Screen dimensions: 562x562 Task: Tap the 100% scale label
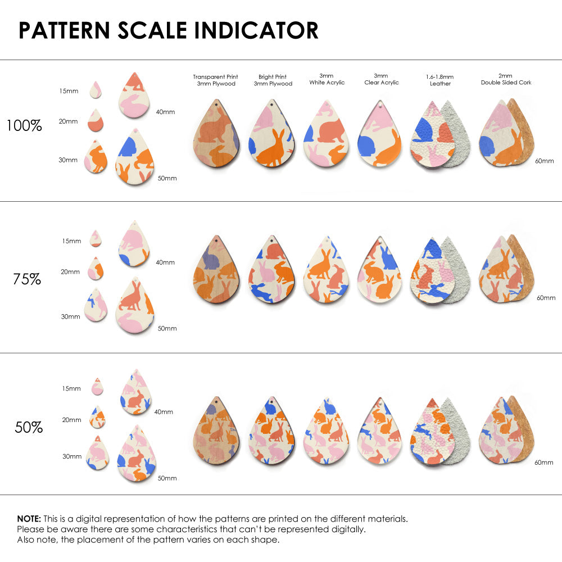click(24, 125)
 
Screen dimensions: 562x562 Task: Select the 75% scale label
click(27, 279)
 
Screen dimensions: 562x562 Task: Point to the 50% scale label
click(29, 428)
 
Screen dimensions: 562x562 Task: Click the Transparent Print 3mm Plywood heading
click(215, 80)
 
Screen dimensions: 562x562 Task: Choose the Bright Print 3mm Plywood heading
click(273, 80)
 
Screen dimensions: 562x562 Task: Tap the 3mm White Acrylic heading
click(327, 79)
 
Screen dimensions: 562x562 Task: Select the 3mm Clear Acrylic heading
click(381, 79)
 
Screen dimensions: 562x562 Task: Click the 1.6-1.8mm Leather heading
click(439, 80)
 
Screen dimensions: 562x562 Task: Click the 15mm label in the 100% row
click(69, 91)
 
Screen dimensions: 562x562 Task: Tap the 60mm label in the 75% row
click(546, 298)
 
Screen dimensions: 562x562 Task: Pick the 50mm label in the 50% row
click(167, 478)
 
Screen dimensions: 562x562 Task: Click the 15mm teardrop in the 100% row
click(96, 90)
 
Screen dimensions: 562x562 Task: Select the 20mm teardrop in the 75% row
click(96, 269)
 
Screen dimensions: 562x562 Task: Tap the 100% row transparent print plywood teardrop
click(218, 136)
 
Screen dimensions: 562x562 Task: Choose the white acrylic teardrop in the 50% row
click(326, 433)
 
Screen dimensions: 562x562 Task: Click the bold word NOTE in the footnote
click(28, 519)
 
